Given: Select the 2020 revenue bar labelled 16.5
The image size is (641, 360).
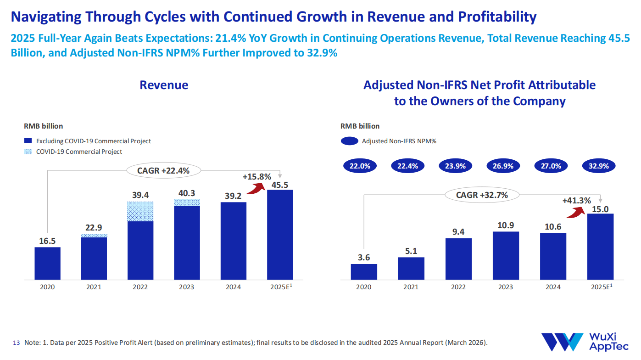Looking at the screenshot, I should click(x=47, y=263).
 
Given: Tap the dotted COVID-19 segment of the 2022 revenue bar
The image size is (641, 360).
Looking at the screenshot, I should click(x=140, y=212).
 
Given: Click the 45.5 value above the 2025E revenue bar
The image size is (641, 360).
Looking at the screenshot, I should click(x=280, y=185).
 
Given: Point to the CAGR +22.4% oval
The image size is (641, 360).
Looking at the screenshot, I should click(x=163, y=171).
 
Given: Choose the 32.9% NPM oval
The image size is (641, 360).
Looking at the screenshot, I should click(x=598, y=166).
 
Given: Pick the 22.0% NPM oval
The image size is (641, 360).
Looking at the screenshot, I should click(x=360, y=166).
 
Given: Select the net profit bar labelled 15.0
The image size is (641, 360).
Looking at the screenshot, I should click(x=600, y=247).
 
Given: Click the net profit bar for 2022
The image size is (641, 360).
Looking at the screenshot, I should click(x=458, y=259).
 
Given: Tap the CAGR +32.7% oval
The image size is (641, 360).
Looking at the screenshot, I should click(x=482, y=195).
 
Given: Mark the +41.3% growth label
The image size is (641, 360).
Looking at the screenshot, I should click(x=576, y=200).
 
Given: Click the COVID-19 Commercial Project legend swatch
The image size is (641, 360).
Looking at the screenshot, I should click(x=28, y=152).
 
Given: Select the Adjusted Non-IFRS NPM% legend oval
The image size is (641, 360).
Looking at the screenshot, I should click(x=349, y=141).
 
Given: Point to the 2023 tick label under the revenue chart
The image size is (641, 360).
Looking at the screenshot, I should click(x=186, y=287).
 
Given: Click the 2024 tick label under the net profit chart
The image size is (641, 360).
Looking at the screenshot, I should click(x=553, y=287).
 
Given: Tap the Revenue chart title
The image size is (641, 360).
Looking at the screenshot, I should click(x=164, y=85).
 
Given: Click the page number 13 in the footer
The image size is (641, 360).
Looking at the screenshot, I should click(x=17, y=343).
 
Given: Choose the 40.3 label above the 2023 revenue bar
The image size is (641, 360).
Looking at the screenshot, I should click(x=186, y=194).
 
